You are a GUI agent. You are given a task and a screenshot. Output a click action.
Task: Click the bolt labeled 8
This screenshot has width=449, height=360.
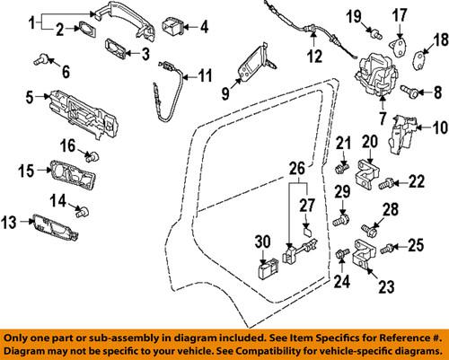click(409, 90)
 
